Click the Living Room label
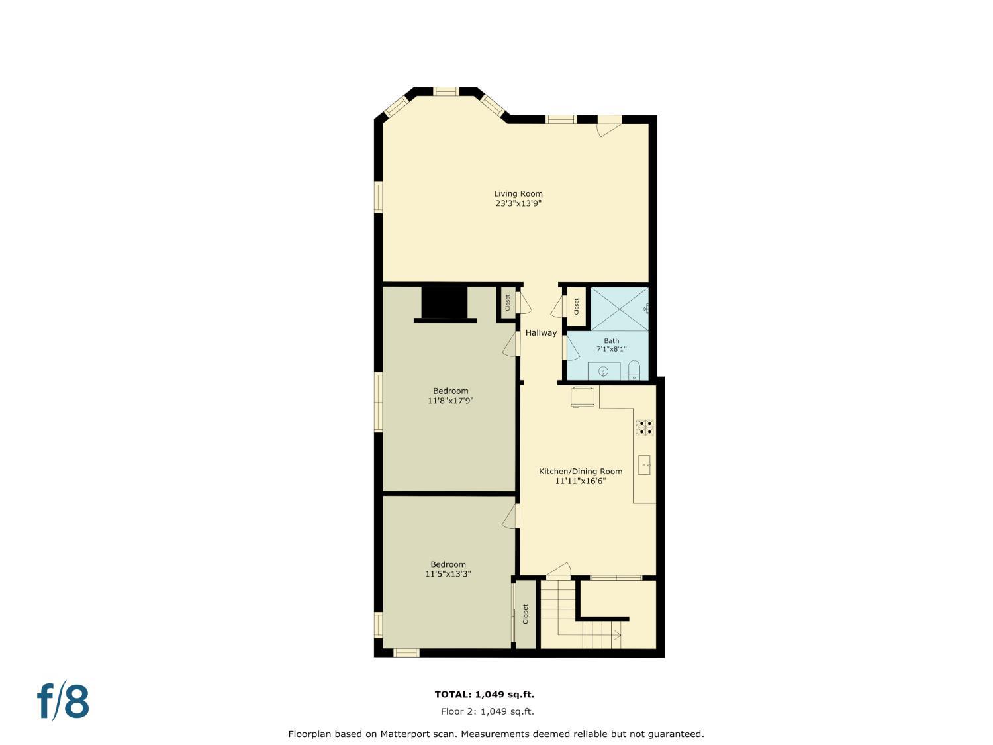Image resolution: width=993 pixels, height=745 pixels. (518, 194)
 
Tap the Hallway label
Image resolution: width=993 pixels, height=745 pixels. (541, 333)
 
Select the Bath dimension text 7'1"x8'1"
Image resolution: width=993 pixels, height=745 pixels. (611, 349)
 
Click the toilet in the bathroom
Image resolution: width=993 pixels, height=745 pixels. (634, 371)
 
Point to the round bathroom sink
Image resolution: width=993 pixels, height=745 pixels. (603, 372)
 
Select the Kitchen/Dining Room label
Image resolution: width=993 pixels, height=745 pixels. (580, 472)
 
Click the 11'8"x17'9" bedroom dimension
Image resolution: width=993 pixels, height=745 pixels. (450, 401)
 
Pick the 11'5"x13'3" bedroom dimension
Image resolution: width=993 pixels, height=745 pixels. (448, 574)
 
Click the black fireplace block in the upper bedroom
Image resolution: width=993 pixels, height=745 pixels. (444, 303)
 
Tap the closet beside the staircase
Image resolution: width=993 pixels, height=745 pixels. (526, 614)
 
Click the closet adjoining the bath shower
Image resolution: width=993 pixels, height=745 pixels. (576, 306)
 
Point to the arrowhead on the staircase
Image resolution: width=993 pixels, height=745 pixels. (618, 636)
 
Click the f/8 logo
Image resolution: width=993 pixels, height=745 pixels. (63, 702)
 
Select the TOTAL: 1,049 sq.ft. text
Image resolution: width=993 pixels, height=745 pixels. (484, 695)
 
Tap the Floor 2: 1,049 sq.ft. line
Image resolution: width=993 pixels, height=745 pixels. (487, 712)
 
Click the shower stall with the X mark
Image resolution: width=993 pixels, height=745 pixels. (618, 309)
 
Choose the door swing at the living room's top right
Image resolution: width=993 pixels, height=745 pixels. (608, 128)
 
